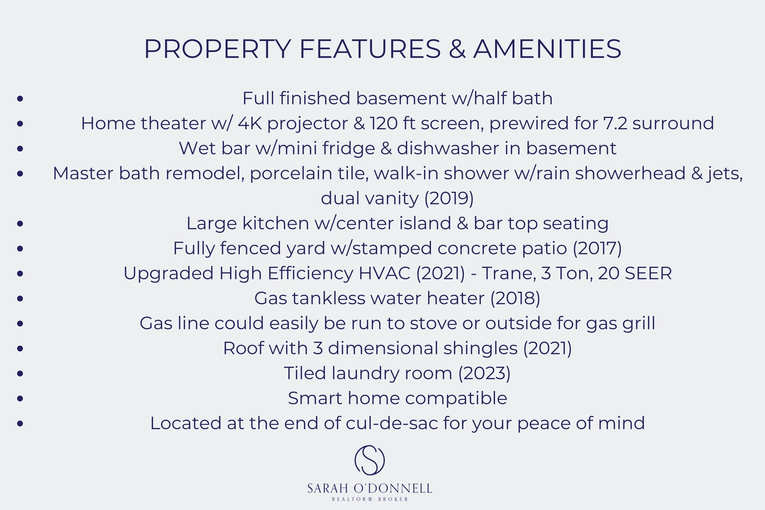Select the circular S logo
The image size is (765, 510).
point(369,460)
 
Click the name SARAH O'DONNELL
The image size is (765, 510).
point(369,489)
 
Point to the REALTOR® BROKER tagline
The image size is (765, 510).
point(370,499)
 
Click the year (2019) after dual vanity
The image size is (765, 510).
point(449,198)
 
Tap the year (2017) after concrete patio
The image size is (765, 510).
point(597,248)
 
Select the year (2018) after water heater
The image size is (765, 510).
point(515,298)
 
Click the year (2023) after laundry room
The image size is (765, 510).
point(484,373)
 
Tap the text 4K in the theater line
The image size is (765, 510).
point(250,123)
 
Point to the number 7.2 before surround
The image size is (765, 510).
point(615,123)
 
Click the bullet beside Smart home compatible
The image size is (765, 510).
point(20,398)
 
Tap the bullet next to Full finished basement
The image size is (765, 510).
point(20,98)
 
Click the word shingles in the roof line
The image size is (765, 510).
point(480,348)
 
